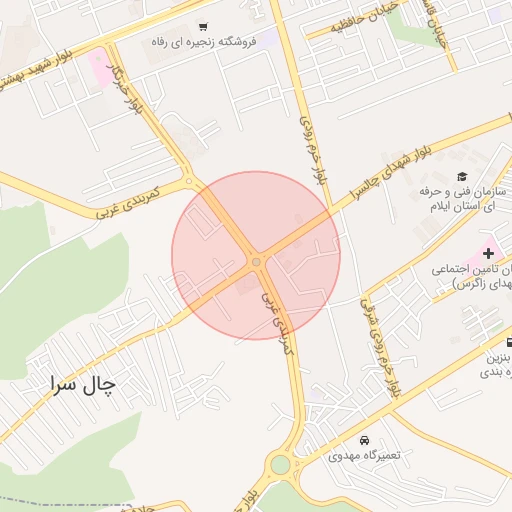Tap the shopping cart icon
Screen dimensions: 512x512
[x=203, y=27]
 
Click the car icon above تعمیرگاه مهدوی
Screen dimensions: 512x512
[x=364, y=440]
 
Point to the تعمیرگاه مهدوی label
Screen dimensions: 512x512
[x=364, y=455]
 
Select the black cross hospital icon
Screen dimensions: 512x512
[x=488, y=254]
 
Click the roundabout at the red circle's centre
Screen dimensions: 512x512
[x=257, y=262]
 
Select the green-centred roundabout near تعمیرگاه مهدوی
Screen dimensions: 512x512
[x=280, y=465]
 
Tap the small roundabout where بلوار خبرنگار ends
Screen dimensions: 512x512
[x=191, y=181]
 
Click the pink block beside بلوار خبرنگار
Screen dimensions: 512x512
[x=102, y=68]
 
